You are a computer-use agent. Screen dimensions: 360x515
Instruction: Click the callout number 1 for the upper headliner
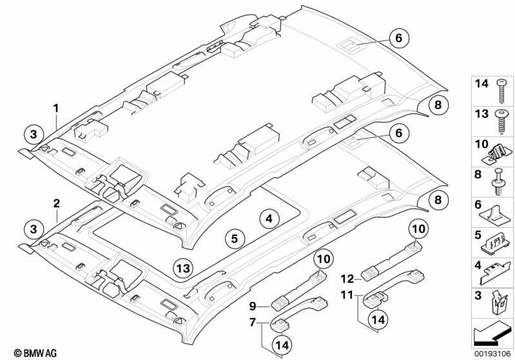tap(56, 107)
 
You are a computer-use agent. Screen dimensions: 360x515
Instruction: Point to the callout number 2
tap(57, 204)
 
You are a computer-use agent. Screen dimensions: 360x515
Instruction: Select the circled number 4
tap(270, 219)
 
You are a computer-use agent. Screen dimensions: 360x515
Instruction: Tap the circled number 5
tap(235, 238)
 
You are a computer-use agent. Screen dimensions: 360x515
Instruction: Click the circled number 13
tap(183, 268)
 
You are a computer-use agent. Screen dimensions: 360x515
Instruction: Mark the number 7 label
tap(253, 321)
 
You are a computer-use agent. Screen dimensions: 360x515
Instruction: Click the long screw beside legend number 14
tap(501, 90)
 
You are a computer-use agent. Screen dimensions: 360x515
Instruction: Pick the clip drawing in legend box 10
tap(500, 152)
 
